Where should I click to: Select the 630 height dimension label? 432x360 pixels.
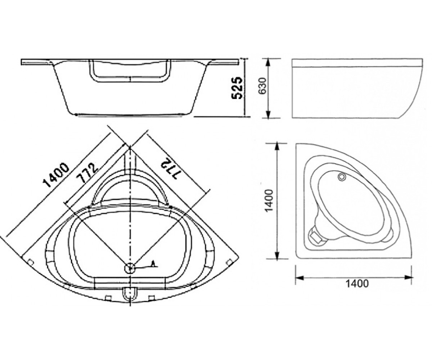pyautogui.click(x=263, y=86)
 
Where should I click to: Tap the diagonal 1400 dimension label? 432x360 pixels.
pyautogui.click(x=55, y=175)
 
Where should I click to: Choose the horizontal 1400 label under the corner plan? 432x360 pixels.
pyautogui.click(x=357, y=284)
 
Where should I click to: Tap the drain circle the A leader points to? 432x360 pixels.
pyautogui.click(x=130, y=268)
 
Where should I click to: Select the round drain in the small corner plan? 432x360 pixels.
pyautogui.click(x=342, y=177)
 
